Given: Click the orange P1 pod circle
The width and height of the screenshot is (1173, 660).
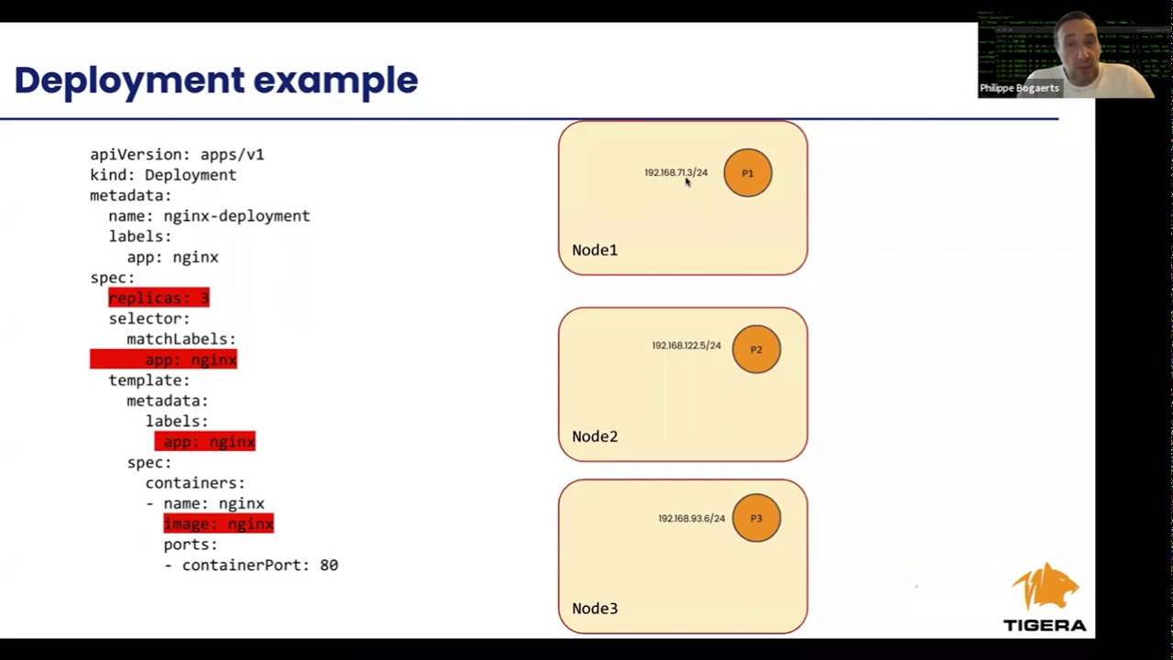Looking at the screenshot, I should coord(748,173).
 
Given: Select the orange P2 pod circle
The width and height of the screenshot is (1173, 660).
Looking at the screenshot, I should coord(756,349).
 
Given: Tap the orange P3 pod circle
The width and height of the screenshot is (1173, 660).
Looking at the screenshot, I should coord(756,518).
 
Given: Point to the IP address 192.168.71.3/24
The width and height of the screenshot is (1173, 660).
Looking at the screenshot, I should coord(675,172).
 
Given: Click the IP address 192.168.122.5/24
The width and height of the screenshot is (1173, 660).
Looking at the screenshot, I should coord(686,346).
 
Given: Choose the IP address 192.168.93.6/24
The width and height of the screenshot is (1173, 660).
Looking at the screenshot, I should coord(691,518).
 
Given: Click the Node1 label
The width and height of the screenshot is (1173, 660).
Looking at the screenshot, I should coord(595,250).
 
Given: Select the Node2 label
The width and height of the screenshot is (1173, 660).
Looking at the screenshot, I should coord(595,436).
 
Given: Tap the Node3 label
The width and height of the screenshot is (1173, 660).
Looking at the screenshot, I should coord(595,609).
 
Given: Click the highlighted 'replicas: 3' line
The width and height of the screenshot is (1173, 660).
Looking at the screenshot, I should coord(159,298).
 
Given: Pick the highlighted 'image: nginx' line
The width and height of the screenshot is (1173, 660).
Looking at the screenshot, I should coord(218,523).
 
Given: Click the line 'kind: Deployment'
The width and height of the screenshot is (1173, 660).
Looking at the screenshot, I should coord(163,175).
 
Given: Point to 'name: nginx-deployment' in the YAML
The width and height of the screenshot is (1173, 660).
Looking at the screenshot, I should coord(209,216).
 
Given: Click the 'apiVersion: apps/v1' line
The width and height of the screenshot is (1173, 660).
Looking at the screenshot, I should coord(177,155).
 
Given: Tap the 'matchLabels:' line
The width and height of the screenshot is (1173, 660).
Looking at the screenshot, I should coord(181,339).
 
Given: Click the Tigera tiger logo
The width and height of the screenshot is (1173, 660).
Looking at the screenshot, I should coord(1046,588).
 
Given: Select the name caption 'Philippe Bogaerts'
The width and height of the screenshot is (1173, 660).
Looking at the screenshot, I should coord(1019,88).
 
